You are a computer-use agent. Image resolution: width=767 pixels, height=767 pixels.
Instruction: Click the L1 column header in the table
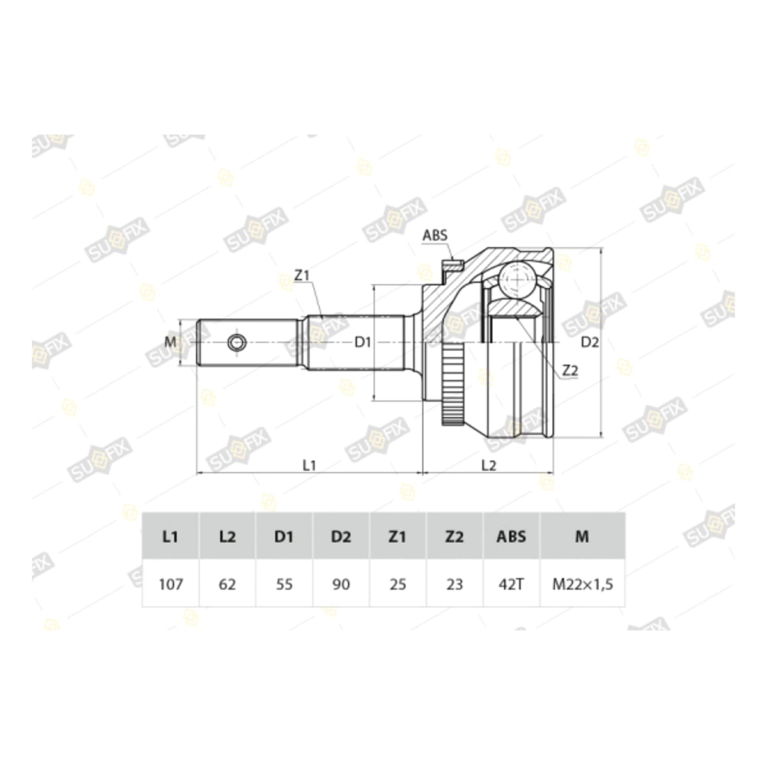click(170, 537)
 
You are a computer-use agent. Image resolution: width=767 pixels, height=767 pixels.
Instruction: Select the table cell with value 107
click(171, 584)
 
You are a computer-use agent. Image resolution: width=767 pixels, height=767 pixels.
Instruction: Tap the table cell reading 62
click(228, 584)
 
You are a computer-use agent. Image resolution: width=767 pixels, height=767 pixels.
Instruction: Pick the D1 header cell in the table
click(284, 537)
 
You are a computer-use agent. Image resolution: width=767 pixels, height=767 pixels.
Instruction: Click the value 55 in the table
click(284, 584)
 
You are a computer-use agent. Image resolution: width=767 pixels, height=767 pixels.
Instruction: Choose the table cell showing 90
click(341, 584)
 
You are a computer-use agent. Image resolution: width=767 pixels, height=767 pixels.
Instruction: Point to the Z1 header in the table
click(398, 537)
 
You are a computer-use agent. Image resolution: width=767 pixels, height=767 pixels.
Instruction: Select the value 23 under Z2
click(454, 584)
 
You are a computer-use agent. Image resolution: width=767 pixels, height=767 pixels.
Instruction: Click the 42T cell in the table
click(511, 584)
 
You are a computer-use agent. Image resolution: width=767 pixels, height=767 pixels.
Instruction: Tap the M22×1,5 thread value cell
click(582, 584)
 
